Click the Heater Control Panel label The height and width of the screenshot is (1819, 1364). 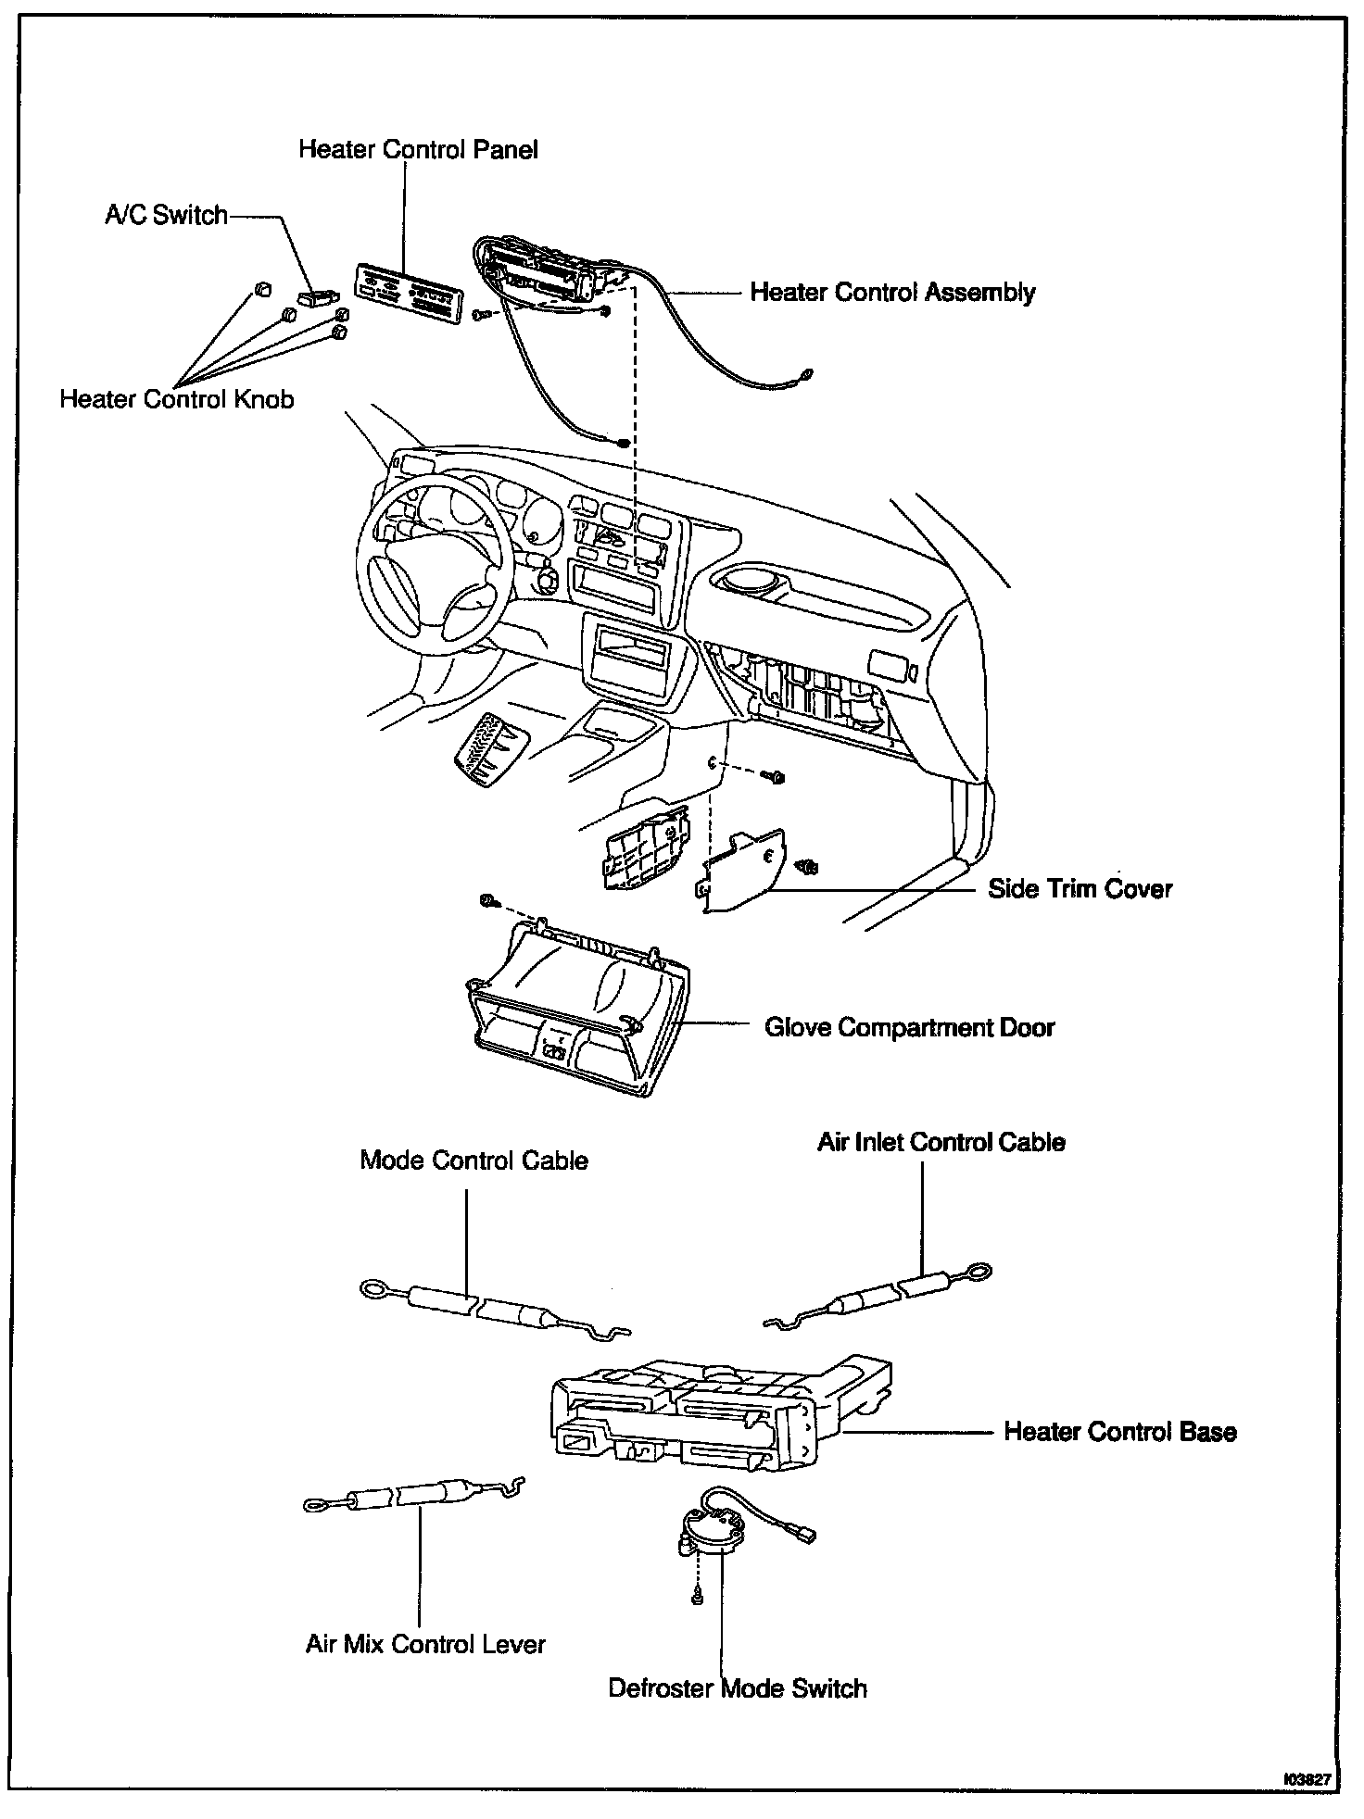[x=418, y=150]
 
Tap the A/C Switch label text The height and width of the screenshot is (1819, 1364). [x=166, y=215]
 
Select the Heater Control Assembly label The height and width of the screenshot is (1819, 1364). [x=892, y=293]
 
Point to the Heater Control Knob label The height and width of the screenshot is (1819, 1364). [x=177, y=399]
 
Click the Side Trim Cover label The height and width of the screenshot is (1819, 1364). [x=1080, y=889]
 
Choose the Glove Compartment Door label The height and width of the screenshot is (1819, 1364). [x=909, y=1027]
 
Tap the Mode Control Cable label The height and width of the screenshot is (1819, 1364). [x=474, y=1160]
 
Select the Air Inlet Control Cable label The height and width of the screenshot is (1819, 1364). [x=941, y=1142]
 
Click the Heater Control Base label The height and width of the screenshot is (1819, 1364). [x=1120, y=1432]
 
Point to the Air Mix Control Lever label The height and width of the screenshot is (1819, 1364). [x=425, y=1644]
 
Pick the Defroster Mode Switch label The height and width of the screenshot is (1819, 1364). [x=738, y=1688]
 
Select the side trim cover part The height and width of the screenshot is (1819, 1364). [x=741, y=871]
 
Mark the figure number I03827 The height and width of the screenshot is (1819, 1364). [x=1307, y=1780]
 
